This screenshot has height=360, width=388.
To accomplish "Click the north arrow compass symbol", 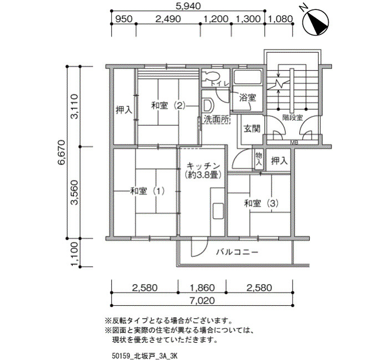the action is [316, 21].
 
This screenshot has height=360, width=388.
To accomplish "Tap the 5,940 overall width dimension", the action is [188, 6].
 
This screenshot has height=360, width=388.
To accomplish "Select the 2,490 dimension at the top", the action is [168, 19].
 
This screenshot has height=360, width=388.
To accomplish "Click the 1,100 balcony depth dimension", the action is [74, 254].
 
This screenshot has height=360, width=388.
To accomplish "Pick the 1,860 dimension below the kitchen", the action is [202, 288].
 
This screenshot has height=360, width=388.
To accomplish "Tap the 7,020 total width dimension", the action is [202, 301].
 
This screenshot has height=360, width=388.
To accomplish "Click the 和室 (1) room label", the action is [147, 191].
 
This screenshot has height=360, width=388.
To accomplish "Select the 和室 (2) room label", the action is [169, 106].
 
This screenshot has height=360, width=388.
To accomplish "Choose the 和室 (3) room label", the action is [261, 203].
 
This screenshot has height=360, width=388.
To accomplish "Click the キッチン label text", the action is [203, 166].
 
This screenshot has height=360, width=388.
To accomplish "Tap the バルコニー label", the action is [237, 252].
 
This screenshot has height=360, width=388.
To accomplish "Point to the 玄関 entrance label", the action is [252, 128].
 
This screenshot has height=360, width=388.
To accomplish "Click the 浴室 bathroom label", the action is [247, 97].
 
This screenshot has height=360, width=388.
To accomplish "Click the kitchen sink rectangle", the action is [218, 210].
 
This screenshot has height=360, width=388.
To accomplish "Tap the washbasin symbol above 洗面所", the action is [208, 105].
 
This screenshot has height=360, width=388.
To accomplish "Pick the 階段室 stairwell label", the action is [293, 117].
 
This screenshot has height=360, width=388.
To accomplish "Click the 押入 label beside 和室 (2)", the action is [124, 110].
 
